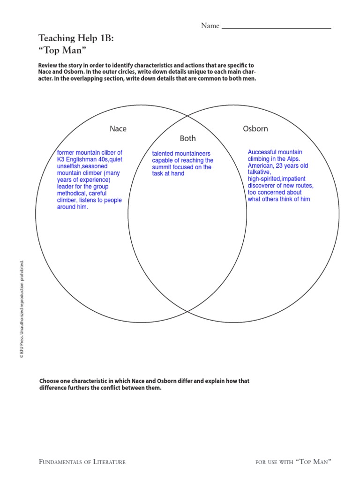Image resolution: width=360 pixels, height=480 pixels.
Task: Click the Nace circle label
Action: (x=118, y=129)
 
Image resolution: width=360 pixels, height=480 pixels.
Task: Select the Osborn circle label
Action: (x=255, y=129)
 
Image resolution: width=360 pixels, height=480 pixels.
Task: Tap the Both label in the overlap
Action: (x=187, y=139)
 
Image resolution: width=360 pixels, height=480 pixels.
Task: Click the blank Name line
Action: (x=276, y=27)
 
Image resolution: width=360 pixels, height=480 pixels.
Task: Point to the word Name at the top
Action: (x=210, y=26)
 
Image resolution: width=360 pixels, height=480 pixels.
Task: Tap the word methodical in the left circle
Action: (x=72, y=194)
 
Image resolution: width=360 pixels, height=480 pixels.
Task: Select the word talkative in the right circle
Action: (x=259, y=172)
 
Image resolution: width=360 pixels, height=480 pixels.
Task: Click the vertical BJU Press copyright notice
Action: (x=22, y=310)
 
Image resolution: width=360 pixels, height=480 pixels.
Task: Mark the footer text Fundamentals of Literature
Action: (x=82, y=462)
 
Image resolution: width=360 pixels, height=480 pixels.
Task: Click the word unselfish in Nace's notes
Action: (x=68, y=166)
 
